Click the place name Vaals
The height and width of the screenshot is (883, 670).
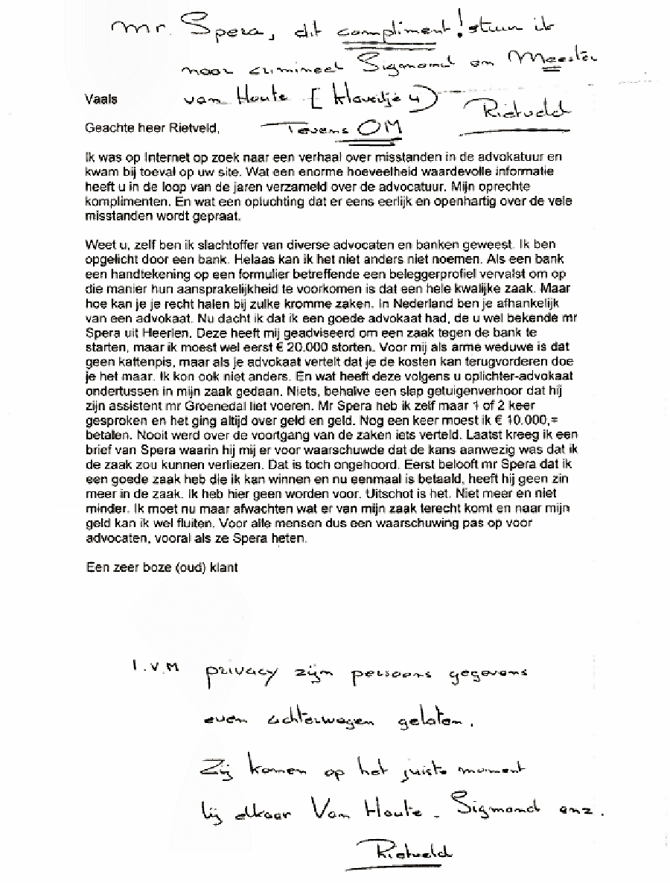tap(100, 98)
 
